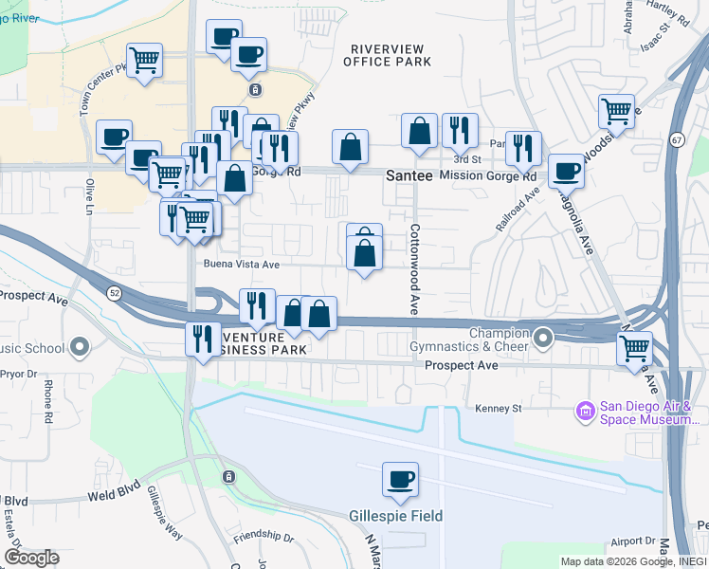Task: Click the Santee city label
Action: [409, 176]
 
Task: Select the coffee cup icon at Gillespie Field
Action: [400, 480]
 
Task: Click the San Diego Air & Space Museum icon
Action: [585, 411]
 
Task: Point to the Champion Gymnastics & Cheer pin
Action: [543, 338]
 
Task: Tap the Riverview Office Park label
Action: [391, 55]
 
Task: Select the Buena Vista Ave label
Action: [241, 265]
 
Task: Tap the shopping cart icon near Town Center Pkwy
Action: [143, 62]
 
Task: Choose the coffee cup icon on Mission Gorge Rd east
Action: [566, 171]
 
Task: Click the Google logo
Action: [31, 557]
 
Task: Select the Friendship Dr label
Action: [264, 537]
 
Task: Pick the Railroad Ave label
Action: [517, 209]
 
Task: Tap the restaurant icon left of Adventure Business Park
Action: [201, 339]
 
